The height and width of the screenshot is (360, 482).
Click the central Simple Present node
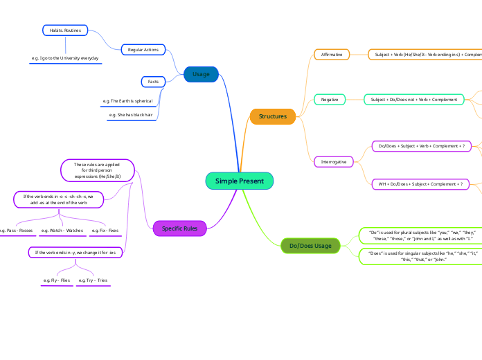tap(240, 181)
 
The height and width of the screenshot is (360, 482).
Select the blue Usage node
tap(201, 74)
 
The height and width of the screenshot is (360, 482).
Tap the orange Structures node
tap(273, 116)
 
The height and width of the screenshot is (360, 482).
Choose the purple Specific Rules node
tap(179, 228)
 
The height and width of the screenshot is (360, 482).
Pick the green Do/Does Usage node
tap(310, 246)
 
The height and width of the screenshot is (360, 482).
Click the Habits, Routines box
tap(64, 30)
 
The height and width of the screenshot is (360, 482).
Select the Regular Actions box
tap(143, 50)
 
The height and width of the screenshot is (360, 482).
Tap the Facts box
tap(154, 82)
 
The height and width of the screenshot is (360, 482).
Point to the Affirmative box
tap(332, 54)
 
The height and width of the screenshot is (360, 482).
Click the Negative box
tap(330, 100)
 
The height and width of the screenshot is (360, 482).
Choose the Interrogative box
tap(334, 161)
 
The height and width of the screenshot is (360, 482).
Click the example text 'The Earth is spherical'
tap(132, 101)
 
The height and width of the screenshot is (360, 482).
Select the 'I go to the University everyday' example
tap(66, 58)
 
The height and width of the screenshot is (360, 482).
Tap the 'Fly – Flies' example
tap(57, 280)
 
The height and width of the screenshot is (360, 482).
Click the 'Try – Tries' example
tap(93, 280)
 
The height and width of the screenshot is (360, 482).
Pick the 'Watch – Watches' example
tap(62, 230)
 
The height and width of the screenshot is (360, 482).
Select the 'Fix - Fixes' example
tap(105, 230)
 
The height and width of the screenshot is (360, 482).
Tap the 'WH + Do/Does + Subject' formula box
tap(420, 184)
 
